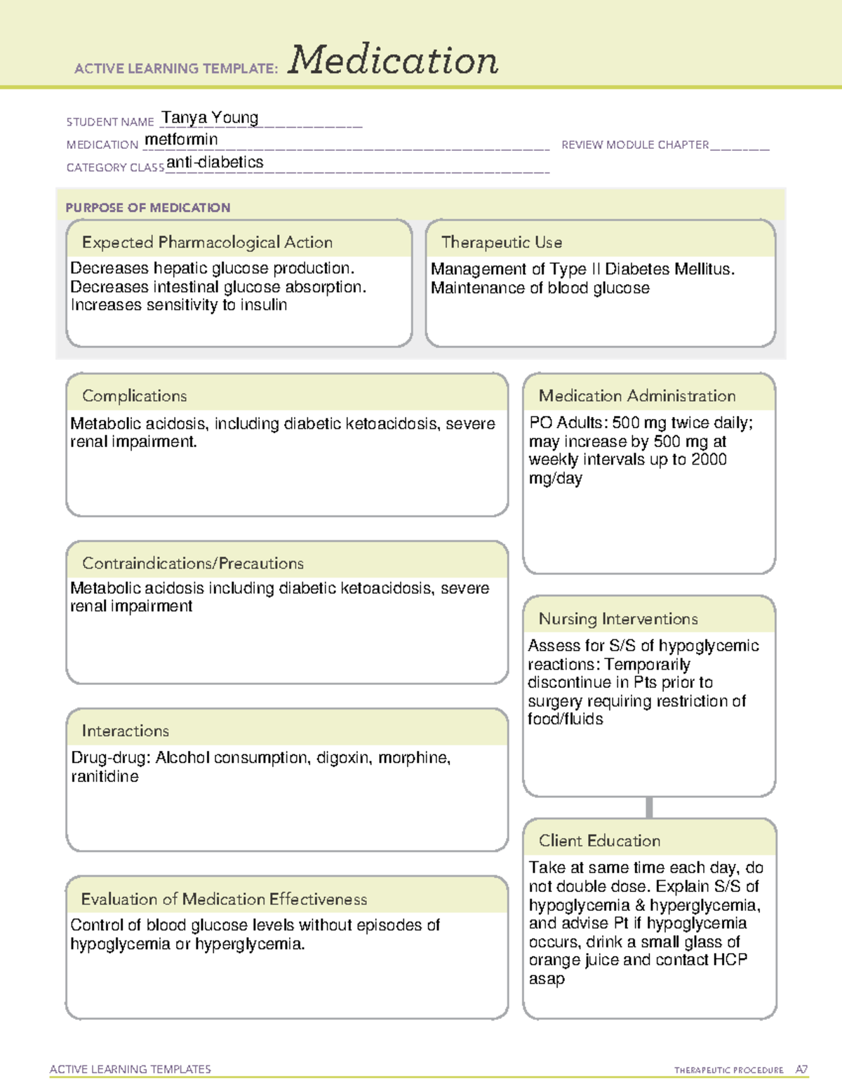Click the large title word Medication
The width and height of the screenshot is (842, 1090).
[x=393, y=60]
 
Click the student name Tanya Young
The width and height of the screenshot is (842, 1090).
[x=210, y=117]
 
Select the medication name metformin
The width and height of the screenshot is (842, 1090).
[x=181, y=140]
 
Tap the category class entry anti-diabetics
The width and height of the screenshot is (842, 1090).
[x=215, y=162]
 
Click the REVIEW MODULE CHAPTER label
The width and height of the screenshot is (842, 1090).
[x=635, y=145]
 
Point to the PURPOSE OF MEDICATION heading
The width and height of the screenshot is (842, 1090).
[x=147, y=208]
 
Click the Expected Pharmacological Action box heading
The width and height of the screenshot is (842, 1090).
[x=207, y=242]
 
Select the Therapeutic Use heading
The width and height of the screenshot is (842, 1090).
[x=502, y=242]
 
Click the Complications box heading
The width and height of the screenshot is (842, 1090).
[x=134, y=396]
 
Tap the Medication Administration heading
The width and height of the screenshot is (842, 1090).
[x=637, y=396]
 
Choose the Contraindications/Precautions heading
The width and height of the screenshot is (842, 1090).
[x=193, y=563]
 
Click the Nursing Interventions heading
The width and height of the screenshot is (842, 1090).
[x=618, y=618]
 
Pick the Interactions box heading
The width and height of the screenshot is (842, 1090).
[x=125, y=731]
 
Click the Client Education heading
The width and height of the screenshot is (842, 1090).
[x=599, y=840]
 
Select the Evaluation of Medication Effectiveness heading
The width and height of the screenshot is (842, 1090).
[x=224, y=899]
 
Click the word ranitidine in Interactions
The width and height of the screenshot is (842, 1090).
[x=105, y=776]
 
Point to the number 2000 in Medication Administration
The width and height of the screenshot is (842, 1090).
[x=709, y=460]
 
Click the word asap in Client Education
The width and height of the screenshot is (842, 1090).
[x=547, y=978]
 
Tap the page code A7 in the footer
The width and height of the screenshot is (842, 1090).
[x=801, y=1070]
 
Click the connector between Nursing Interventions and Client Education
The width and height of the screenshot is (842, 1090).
[x=649, y=807]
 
